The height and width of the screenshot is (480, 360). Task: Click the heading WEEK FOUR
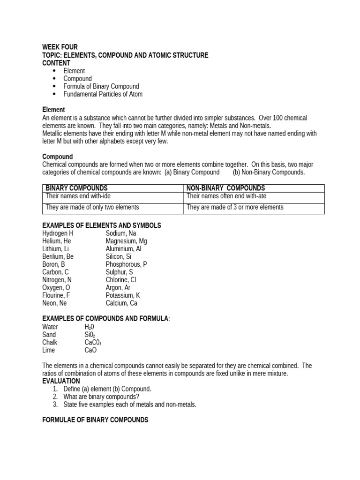pyautogui.click(x=60, y=47)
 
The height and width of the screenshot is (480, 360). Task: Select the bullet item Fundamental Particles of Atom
pyautogui.click(x=103, y=94)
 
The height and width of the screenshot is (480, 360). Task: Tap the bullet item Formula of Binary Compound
pyautogui.click(x=101, y=86)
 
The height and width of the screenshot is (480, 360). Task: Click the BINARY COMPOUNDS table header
pyautogui.click(x=76, y=188)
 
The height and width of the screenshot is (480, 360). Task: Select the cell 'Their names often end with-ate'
pyautogui.click(x=226, y=196)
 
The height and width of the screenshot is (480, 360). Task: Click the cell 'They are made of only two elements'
pyautogui.click(x=92, y=207)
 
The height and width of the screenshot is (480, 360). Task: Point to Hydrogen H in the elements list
pyautogui.click(x=58, y=233)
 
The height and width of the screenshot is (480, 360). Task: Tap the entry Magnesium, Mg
pyautogui.click(x=126, y=241)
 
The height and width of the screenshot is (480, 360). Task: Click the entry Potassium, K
pyautogui.click(x=123, y=295)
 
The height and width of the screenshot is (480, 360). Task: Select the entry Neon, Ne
pyautogui.click(x=54, y=303)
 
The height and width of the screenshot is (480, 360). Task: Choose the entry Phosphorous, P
pyautogui.click(x=126, y=264)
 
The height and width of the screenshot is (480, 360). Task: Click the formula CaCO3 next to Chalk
pyautogui.click(x=93, y=343)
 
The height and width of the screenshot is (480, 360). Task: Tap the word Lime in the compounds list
pyautogui.click(x=48, y=350)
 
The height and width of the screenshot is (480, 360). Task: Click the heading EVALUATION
pyautogui.click(x=61, y=381)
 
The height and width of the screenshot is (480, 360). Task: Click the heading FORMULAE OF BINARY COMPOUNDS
pyautogui.click(x=95, y=420)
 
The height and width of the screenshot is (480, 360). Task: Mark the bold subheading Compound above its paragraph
pyautogui.click(x=58, y=157)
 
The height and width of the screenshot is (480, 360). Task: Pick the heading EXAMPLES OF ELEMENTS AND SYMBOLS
pyautogui.click(x=101, y=225)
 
